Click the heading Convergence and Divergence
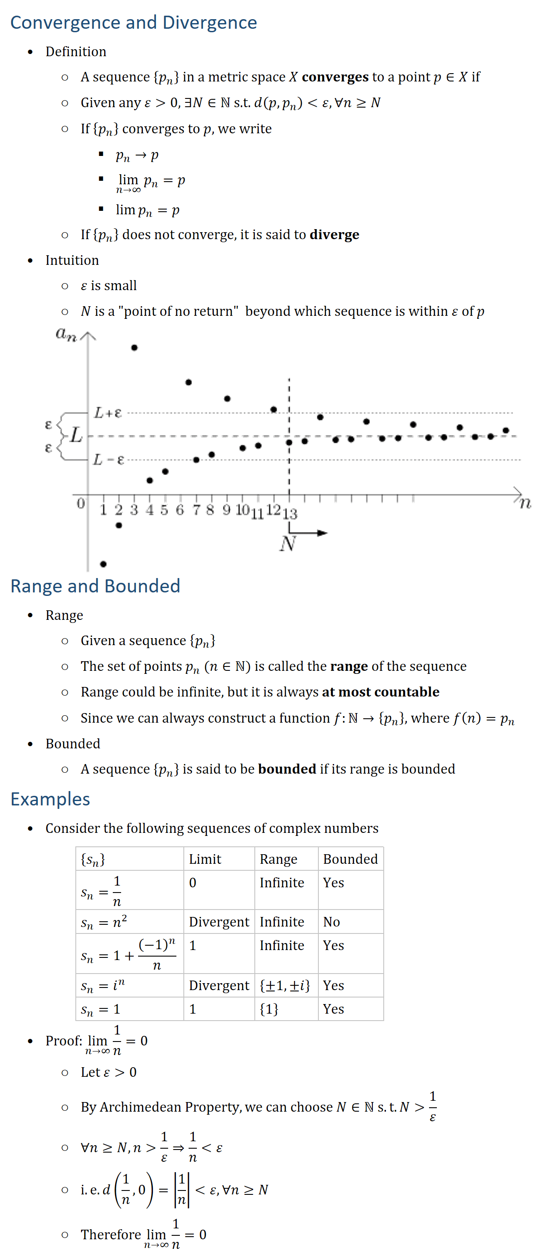click(x=133, y=23)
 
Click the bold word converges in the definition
click(x=335, y=77)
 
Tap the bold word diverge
click(x=335, y=235)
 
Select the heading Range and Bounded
click(x=95, y=585)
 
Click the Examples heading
click(x=50, y=799)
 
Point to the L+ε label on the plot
click(x=108, y=413)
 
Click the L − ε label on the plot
click(x=108, y=460)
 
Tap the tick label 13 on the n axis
click(x=290, y=513)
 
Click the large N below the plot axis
click(x=288, y=543)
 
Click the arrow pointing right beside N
click(x=312, y=532)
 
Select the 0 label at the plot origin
click(x=81, y=503)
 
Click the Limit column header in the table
click(x=205, y=859)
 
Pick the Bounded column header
click(x=350, y=859)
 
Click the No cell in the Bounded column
click(x=331, y=922)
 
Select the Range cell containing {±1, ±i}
click(x=284, y=985)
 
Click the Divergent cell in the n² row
click(x=219, y=922)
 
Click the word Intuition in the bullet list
click(x=72, y=260)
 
